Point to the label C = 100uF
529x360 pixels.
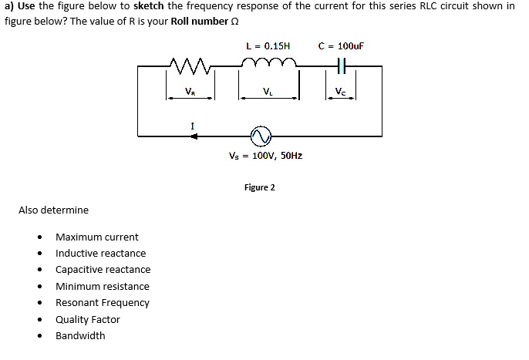click(x=341, y=45)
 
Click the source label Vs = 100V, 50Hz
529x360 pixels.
click(x=265, y=156)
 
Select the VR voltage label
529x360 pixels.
click(x=190, y=92)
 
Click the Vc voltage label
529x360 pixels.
click(x=341, y=92)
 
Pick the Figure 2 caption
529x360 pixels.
click(x=259, y=187)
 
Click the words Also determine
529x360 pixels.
click(x=53, y=210)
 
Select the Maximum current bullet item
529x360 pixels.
click(x=96, y=237)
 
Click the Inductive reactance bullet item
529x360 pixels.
click(x=100, y=253)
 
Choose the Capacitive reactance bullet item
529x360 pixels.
click(x=103, y=270)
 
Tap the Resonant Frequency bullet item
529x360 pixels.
click(x=102, y=302)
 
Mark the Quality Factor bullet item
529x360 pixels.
click(x=87, y=319)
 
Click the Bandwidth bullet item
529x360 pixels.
click(x=80, y=335)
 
